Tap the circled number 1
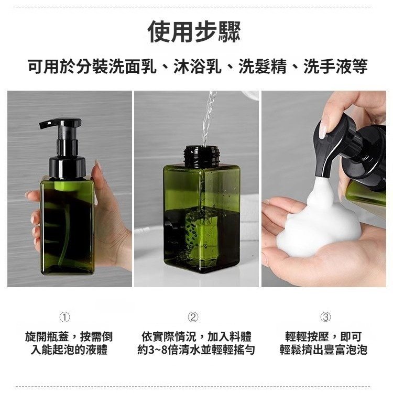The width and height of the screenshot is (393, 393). tap(64, 316)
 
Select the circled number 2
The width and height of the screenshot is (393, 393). tap(193, 316)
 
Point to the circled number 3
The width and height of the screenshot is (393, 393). tap(325, 316)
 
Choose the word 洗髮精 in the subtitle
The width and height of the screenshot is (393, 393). tap(262, 67)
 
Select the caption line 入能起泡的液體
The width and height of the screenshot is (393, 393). tap(69, 350)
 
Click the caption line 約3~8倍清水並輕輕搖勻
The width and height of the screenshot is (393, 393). tap(196, 350)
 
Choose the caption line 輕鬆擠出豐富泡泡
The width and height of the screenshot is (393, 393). tap(323, 350)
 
